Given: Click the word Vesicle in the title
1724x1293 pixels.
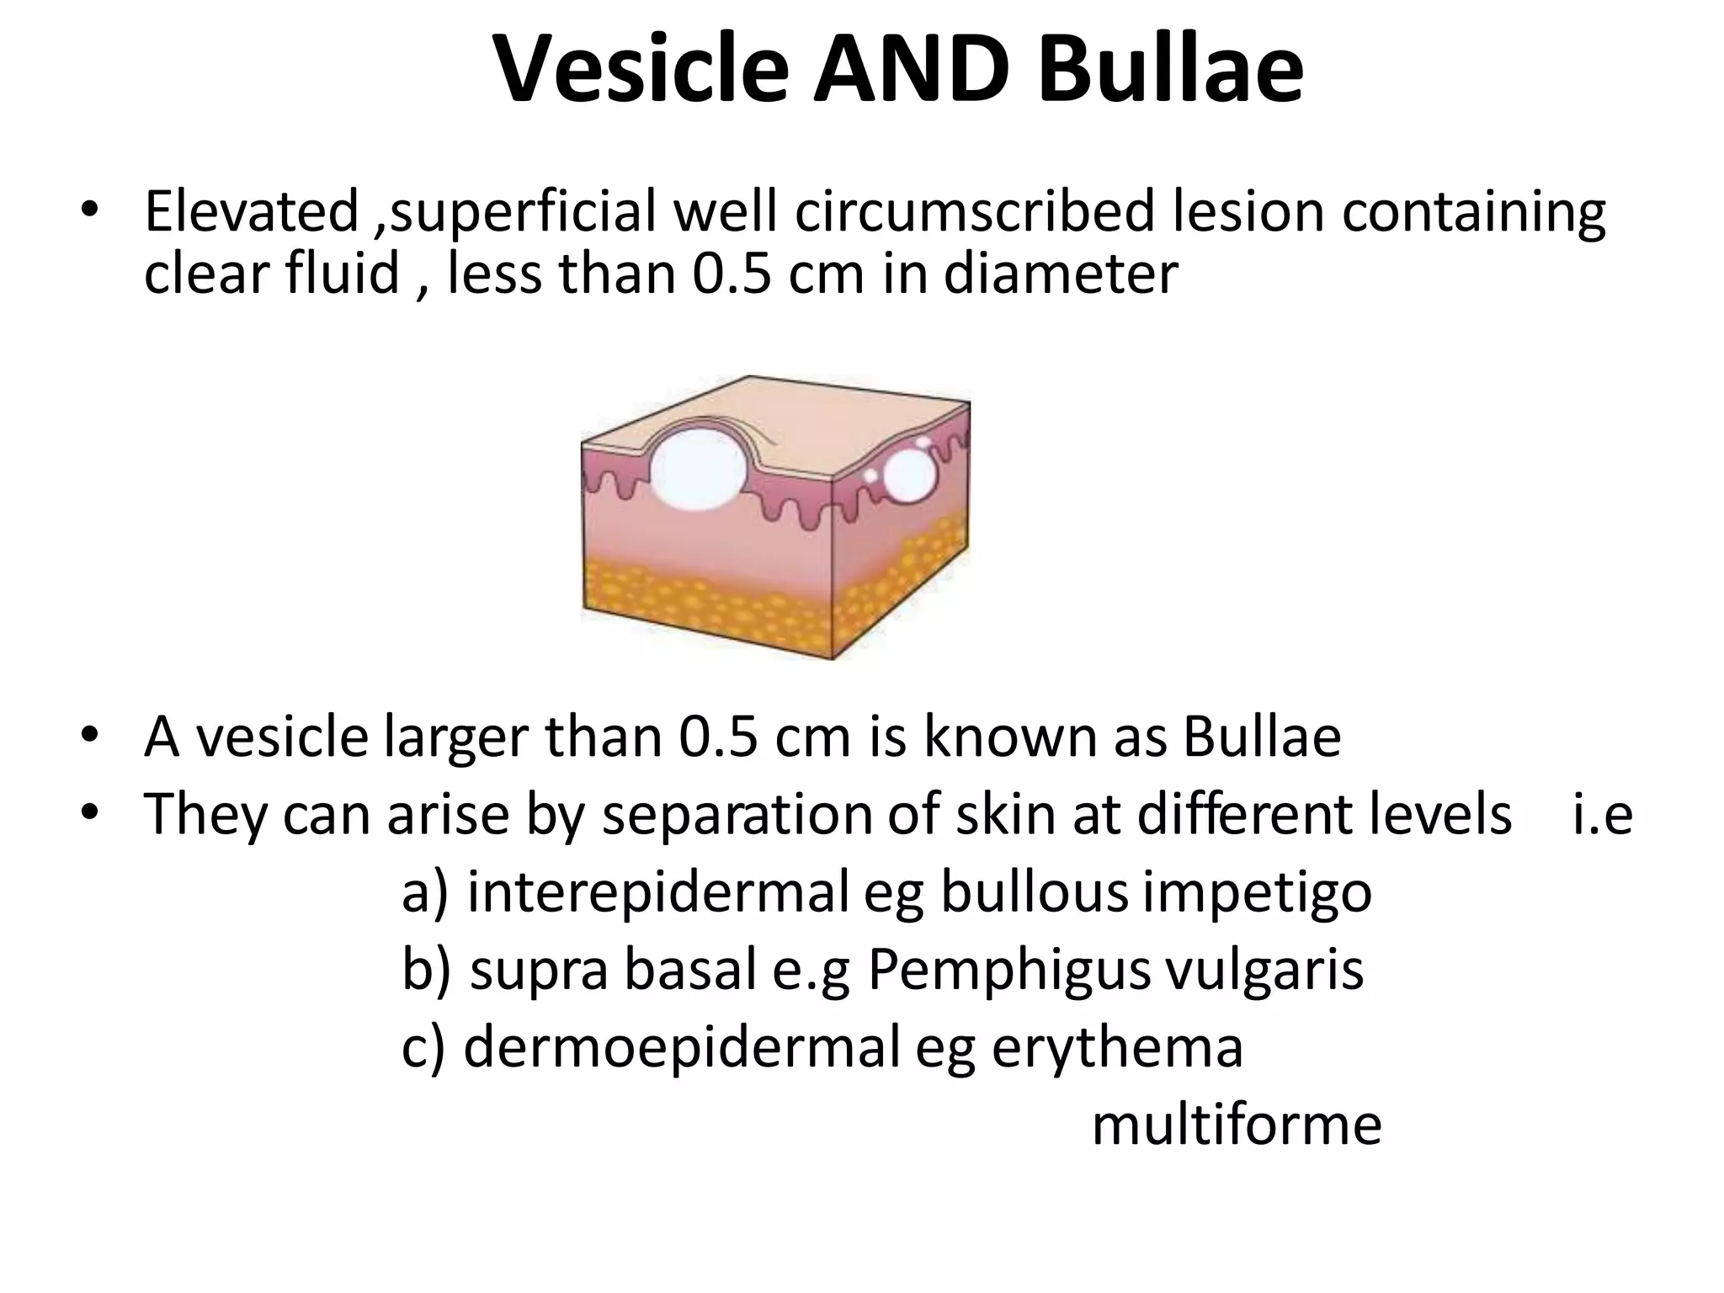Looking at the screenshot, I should click(640, 71).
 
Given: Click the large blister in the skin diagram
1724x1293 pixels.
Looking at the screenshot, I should click(698, 468).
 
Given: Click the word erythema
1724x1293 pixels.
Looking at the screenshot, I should click(1117, 1049).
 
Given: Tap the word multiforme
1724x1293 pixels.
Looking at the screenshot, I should click(1237, 1125).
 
